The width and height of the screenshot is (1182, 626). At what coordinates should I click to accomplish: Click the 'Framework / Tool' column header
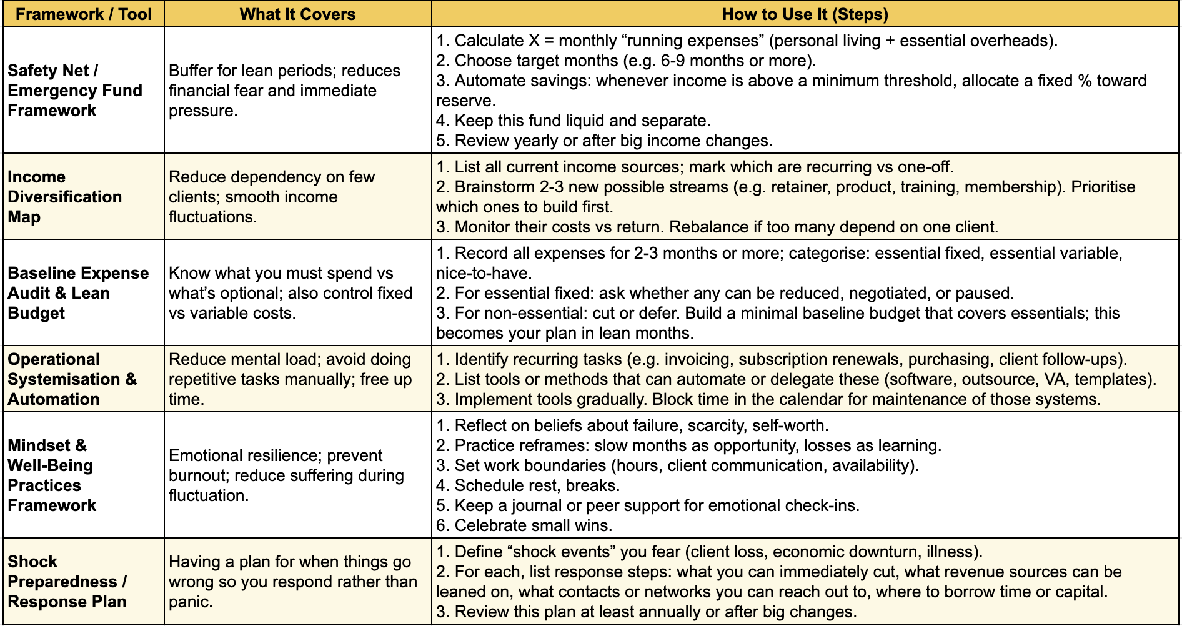coord(84,14)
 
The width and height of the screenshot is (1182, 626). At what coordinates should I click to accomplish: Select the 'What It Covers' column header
coord(297,14)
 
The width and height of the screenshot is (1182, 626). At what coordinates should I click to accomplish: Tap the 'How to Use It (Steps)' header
coord(805,14)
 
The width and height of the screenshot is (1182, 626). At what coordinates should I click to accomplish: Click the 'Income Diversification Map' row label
coord(64,197)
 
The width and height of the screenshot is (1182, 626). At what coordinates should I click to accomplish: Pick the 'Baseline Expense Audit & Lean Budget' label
coord(78,293)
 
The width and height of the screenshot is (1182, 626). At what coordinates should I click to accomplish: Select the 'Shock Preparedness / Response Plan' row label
coord(67,582)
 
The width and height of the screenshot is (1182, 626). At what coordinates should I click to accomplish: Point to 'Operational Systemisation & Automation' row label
coord(71,379)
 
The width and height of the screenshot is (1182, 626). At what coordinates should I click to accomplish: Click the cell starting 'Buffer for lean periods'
coord(284,91)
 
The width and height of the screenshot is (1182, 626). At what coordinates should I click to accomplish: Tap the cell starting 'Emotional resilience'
coord(286,475)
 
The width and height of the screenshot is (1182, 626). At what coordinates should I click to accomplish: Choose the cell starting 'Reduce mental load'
coord(290,379)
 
